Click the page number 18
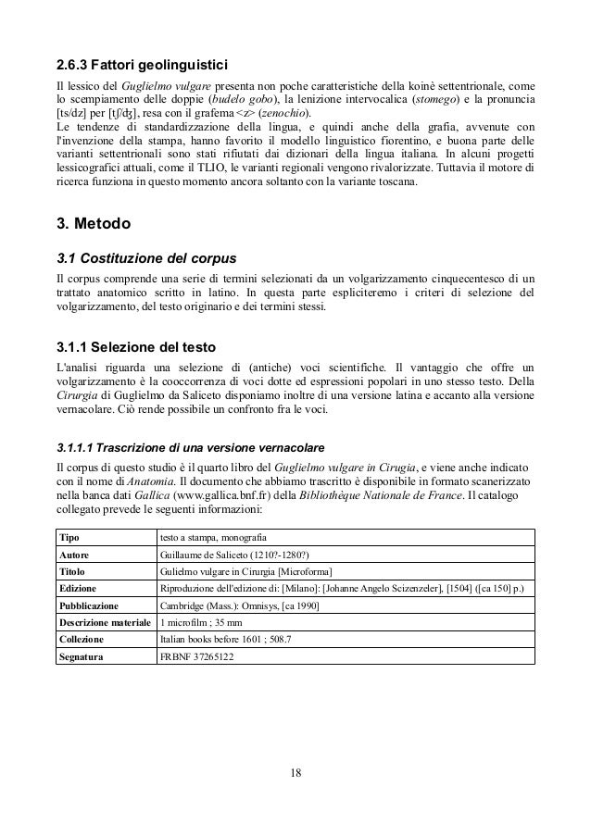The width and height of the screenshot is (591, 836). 295,773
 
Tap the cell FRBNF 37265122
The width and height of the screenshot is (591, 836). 196,656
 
